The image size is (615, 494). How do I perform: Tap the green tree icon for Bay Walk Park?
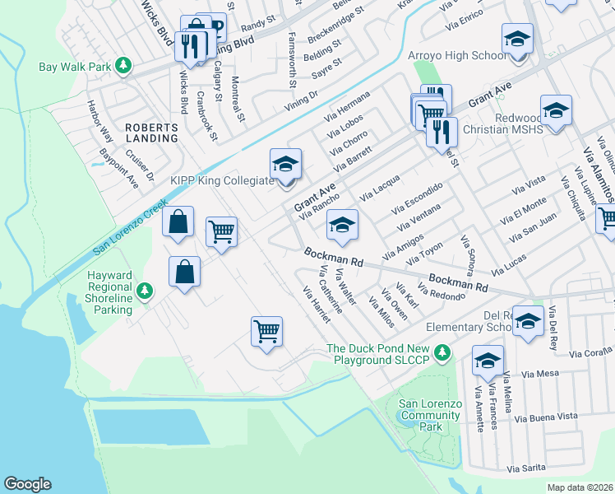[x=123, y=65]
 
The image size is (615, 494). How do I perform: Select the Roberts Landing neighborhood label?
[x=151, y=133]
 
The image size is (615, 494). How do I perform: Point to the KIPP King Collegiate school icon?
[x=285, y=165]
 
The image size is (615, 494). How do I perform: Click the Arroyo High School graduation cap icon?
[x=517, y=39]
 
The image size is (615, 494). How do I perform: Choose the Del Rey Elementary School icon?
[x=529, y=322]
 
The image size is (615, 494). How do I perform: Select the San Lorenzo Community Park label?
[x=430, y=415]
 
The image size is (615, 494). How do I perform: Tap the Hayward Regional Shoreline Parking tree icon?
[x=145, y=291]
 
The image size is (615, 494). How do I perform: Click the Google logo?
[x=27, y=484]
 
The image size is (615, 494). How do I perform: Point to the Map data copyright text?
[x=580, y=487]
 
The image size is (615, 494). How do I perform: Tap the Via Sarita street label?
[x=526, y=468]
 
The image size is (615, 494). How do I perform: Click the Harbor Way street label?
[x=100, y=121]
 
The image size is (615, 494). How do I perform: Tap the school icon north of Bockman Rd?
[x=342, y=223]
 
